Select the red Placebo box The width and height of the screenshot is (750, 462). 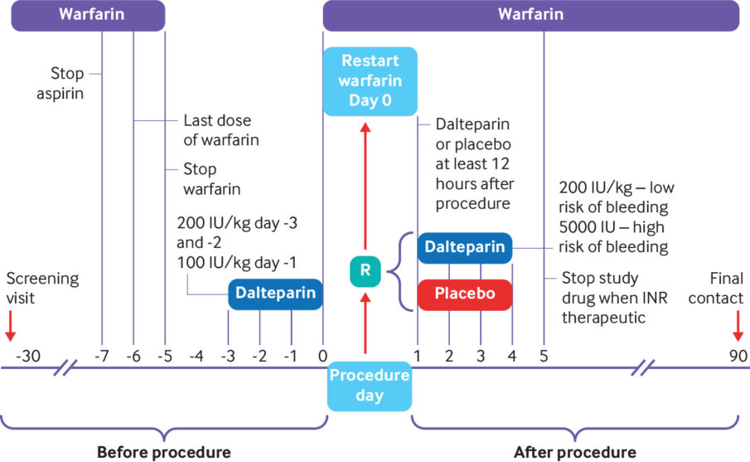tap(465, 294)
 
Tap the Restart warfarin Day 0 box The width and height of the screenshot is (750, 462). tap(369, 81)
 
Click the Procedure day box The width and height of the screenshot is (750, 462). tap(369, 385)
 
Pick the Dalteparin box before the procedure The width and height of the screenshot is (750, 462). tap(275, 294)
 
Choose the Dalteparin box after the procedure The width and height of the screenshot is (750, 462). tap(465, 247)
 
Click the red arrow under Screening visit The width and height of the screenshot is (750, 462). tap(10, 324)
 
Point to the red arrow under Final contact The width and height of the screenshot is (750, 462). tap(737, 324)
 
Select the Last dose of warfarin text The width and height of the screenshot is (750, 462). tap(220, 130)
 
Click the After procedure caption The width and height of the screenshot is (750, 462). tap(575, 451)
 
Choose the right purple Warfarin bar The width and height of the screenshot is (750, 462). tap(530, 15)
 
